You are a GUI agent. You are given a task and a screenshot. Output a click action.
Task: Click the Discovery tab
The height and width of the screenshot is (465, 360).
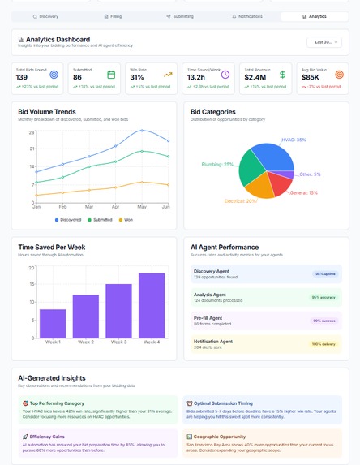tap(46, 16)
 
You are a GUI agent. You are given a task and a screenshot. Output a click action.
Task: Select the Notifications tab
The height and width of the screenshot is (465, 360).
tap(246, 16)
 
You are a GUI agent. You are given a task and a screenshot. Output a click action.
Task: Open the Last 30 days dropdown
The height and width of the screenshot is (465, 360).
tap(324, 42)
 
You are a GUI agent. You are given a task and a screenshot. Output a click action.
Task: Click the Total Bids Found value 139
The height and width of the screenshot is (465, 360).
tap(22, 77)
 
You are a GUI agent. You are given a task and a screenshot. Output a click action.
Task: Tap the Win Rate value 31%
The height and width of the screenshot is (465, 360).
tap(138, 77)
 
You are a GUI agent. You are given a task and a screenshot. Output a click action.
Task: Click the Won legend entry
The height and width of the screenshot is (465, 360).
tap(126, 219)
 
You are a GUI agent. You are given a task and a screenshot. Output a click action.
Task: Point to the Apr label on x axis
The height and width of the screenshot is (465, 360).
tap(115, 207)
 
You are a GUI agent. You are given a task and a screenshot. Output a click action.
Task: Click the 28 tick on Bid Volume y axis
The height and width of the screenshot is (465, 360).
tap(31, 132)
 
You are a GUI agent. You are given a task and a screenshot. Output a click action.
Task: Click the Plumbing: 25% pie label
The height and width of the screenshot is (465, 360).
tap(218, 164)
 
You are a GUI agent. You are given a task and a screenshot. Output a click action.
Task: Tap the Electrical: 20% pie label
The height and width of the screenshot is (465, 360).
tap(240, 200)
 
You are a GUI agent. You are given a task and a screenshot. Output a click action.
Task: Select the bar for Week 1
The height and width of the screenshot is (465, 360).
tap(53, 323)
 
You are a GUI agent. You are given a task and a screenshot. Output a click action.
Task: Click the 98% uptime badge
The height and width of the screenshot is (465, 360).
tap(324, 273)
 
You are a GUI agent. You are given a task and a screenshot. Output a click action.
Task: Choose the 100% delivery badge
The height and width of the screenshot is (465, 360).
tap(324, 344)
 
